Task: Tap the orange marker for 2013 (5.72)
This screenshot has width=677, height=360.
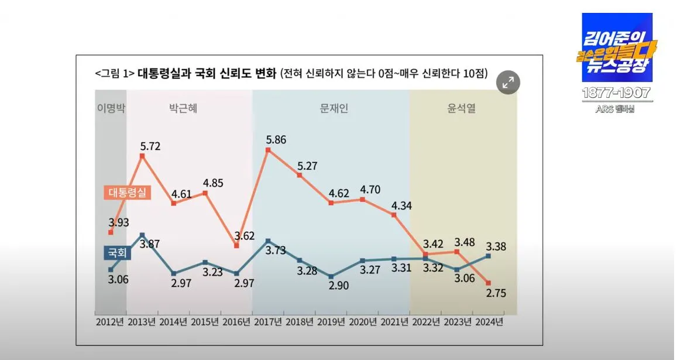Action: pos(142,155)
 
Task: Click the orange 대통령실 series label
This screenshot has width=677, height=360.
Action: pos(127,192)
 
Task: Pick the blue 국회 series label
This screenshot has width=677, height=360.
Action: pos(117,253)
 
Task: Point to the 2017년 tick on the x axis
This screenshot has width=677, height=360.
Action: pos(267,322)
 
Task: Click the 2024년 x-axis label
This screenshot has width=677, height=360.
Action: pos(489,322)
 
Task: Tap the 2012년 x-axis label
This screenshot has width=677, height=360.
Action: pos(110,322)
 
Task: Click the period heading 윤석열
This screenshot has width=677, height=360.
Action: pos(462,109)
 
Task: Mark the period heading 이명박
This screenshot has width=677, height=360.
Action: pos(111,109)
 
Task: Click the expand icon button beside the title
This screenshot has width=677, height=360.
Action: pos(508,83)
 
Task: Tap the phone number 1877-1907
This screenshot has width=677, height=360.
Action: pos(617,93)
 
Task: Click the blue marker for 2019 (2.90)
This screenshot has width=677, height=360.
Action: pos(331,276)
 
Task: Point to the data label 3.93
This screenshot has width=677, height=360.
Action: pos(118,222)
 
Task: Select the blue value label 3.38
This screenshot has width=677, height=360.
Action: pos(496,246)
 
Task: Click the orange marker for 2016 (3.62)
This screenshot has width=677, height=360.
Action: pos(236,246)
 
